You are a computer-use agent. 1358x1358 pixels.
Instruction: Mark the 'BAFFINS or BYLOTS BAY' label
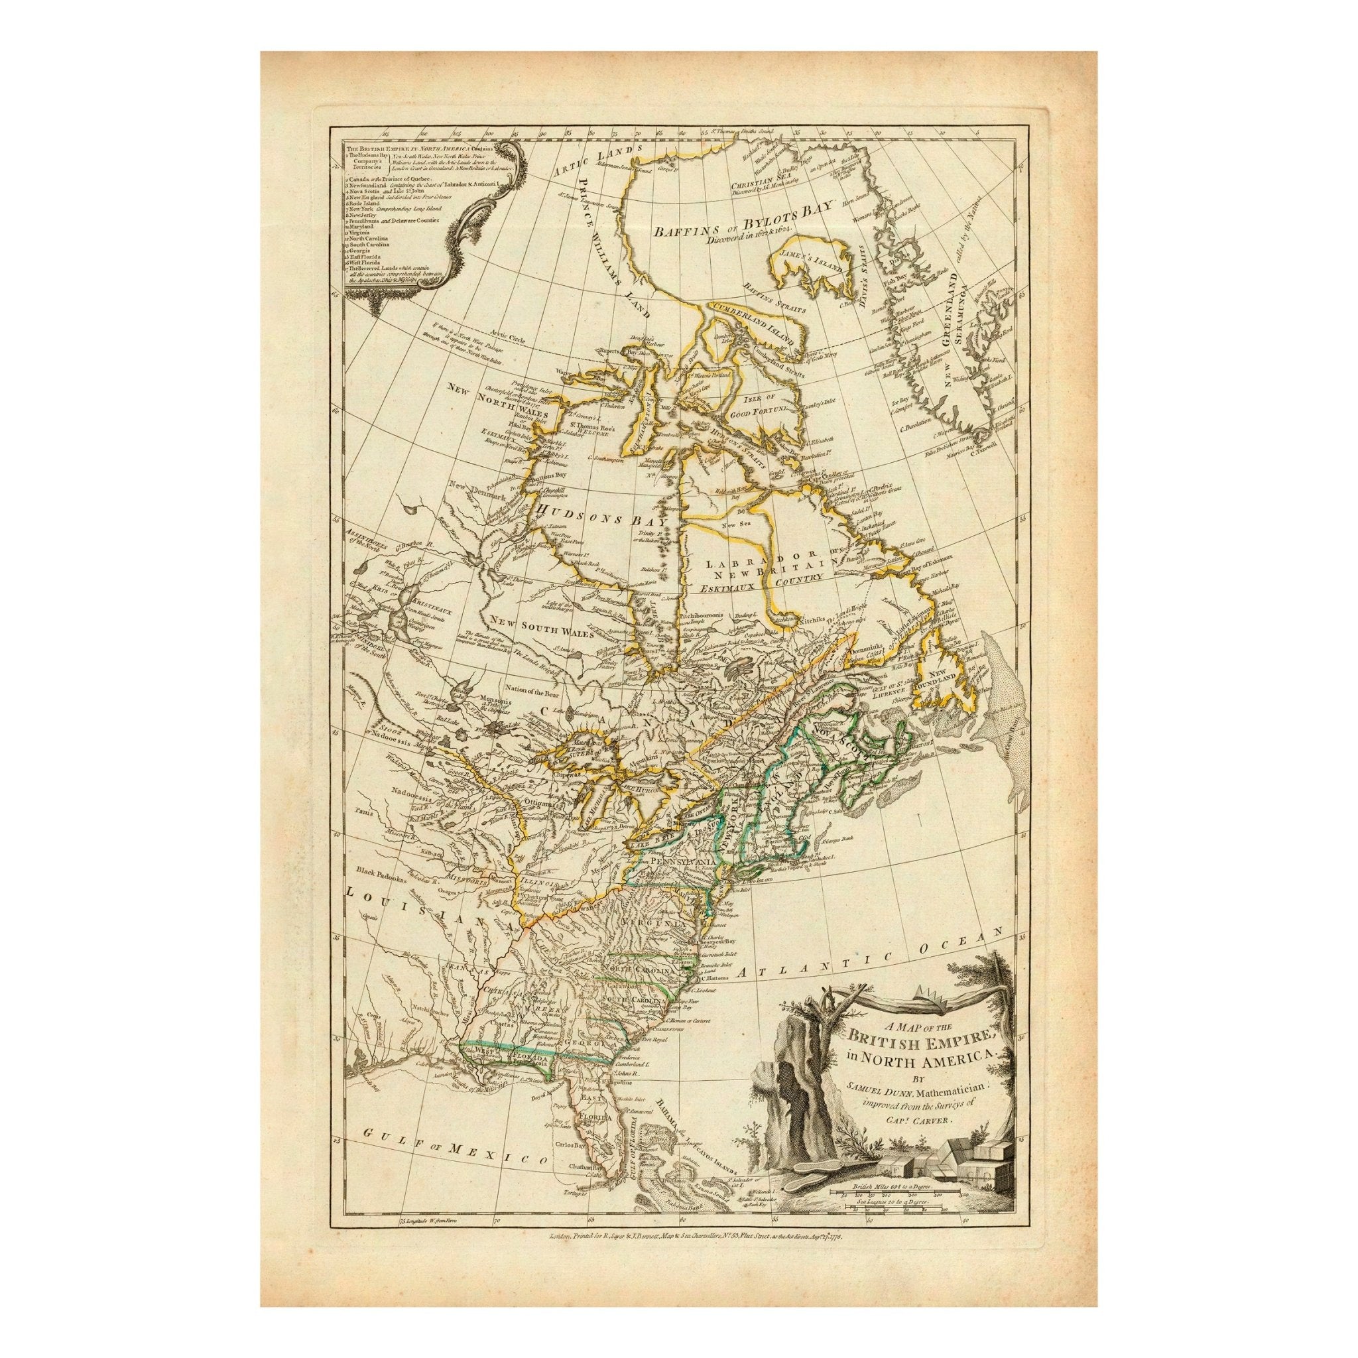742,212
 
